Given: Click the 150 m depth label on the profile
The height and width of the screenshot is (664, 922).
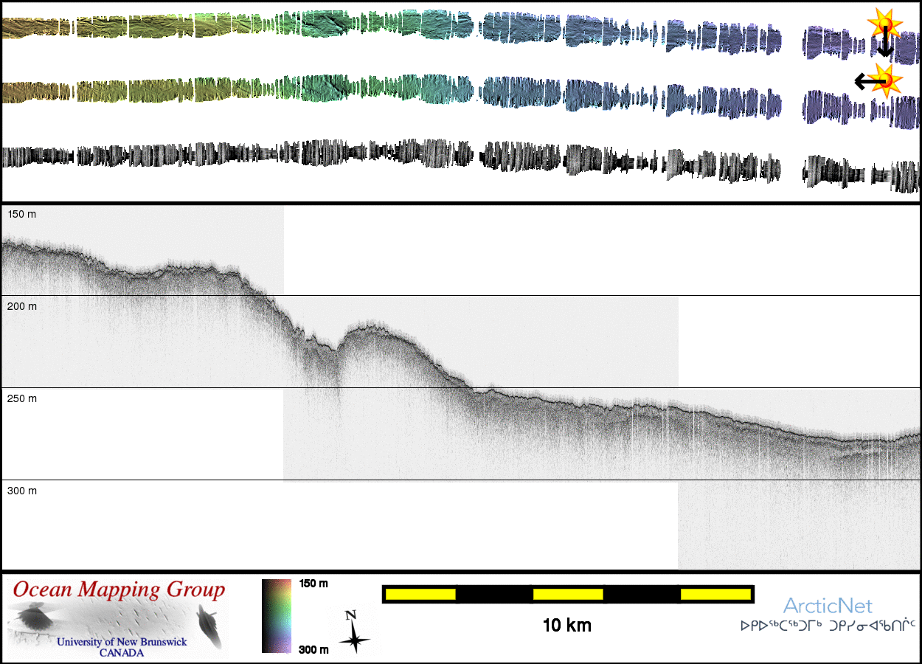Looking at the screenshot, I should coord(21,214).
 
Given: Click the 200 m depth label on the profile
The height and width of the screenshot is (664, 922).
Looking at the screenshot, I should coord(21,306).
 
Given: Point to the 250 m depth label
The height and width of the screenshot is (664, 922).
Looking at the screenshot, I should coord(21,398).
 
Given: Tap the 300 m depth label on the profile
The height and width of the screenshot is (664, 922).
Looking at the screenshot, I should coord(21,491).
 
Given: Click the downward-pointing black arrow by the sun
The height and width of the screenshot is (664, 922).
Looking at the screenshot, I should coord(884,43).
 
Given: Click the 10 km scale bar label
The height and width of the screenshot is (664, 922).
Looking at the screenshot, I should coord(567,626).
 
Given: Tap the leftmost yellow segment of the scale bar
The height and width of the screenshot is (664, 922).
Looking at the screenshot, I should coord(420,594).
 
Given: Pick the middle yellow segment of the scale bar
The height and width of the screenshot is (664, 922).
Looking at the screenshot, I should coord(568,594).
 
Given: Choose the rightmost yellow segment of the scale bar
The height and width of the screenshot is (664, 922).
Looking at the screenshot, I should coord(715,594).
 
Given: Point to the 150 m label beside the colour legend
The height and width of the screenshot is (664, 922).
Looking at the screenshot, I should coord(313,584).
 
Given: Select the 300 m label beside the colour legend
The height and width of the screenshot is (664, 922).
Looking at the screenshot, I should coord(313,649).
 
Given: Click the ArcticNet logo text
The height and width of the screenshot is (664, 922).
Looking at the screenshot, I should coord(828,606).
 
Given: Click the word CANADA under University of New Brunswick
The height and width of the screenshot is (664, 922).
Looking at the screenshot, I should coord(122,653).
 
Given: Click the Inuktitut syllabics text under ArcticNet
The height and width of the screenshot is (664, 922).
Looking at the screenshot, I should coord(828,626).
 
